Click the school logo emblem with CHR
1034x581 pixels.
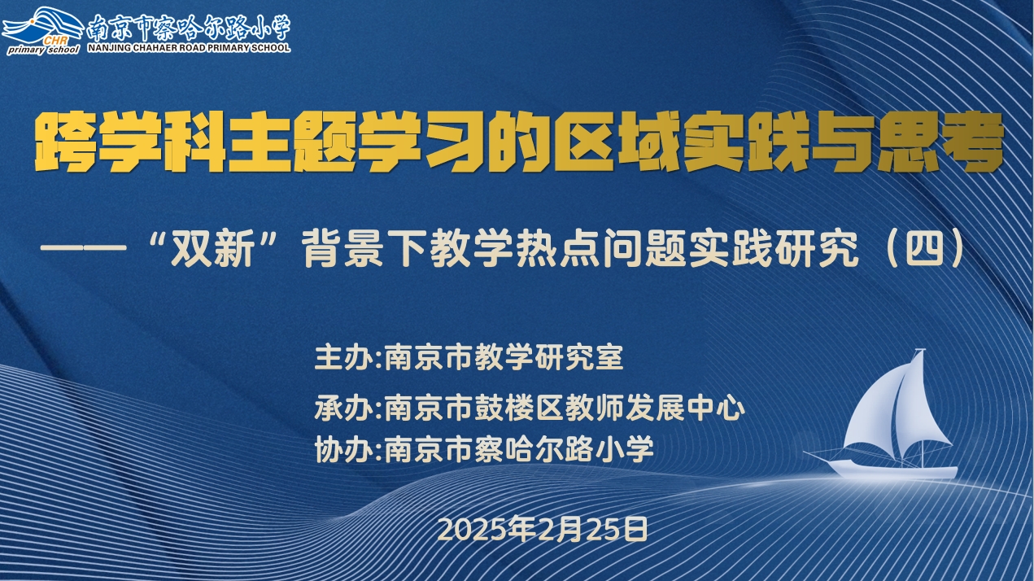tap(42, 31)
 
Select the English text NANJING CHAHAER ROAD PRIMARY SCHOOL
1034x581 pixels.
tap(189, 47)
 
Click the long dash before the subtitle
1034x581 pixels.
tap(84, 248)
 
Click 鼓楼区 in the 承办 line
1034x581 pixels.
tap(519, 408)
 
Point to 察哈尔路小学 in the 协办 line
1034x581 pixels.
tap(564, 448)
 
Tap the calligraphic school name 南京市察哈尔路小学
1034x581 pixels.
tap(189, 27)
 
